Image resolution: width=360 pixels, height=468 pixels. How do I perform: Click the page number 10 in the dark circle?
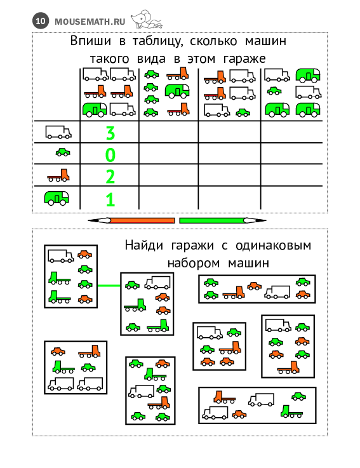[x=40, y=21]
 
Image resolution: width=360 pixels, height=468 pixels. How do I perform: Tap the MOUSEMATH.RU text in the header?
[x=90, y=22]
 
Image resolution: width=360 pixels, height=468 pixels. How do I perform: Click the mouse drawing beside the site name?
[x=147, y=19]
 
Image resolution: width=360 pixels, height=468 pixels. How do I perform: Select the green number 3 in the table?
[x=110, y=133]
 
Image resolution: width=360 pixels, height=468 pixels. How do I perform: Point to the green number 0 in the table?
[x=110, y=155]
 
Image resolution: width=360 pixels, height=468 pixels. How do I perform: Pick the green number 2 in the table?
[x=110, y=177]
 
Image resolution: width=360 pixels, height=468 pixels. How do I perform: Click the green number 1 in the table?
[x=110, y=199]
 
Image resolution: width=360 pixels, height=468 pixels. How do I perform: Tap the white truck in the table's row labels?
[x=58, y=132]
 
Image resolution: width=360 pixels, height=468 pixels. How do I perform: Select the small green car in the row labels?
[x=63, y=152]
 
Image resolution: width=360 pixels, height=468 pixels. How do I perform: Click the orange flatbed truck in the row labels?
[x=58, y=175]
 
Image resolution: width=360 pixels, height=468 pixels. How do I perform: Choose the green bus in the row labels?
[x=57, y=198]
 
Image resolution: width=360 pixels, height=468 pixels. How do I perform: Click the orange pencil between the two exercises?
[x=131, y=220]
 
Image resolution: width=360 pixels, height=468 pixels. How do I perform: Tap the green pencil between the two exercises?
[x=223, y=220]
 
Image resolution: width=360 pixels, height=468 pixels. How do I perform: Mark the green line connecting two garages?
[x=109, y=286]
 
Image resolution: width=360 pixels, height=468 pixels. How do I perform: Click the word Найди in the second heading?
[x=144, y=245]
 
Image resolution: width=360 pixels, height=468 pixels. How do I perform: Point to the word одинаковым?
[x=274, y=246]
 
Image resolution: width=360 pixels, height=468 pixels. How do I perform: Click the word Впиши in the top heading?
[x=90, y=41]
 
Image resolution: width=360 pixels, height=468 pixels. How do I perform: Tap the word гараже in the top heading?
[x=244, y=59]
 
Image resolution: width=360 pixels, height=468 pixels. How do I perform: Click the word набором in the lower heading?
[x=194, y=264]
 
